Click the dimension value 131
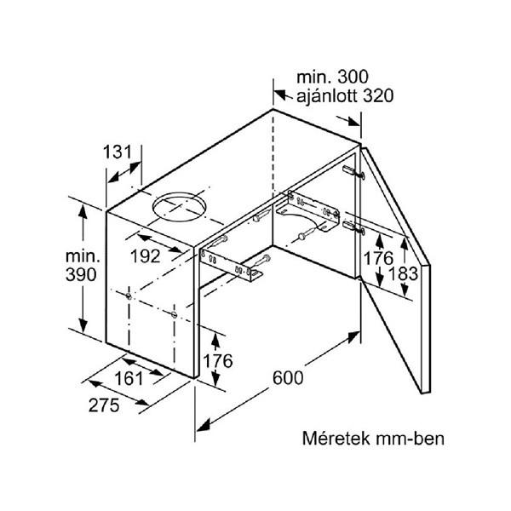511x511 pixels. click(x=118, y=152)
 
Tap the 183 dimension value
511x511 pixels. click(x=411, y=274)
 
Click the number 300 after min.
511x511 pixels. click(x=353, y=78)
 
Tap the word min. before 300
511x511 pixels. click(x=311, y=78)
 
